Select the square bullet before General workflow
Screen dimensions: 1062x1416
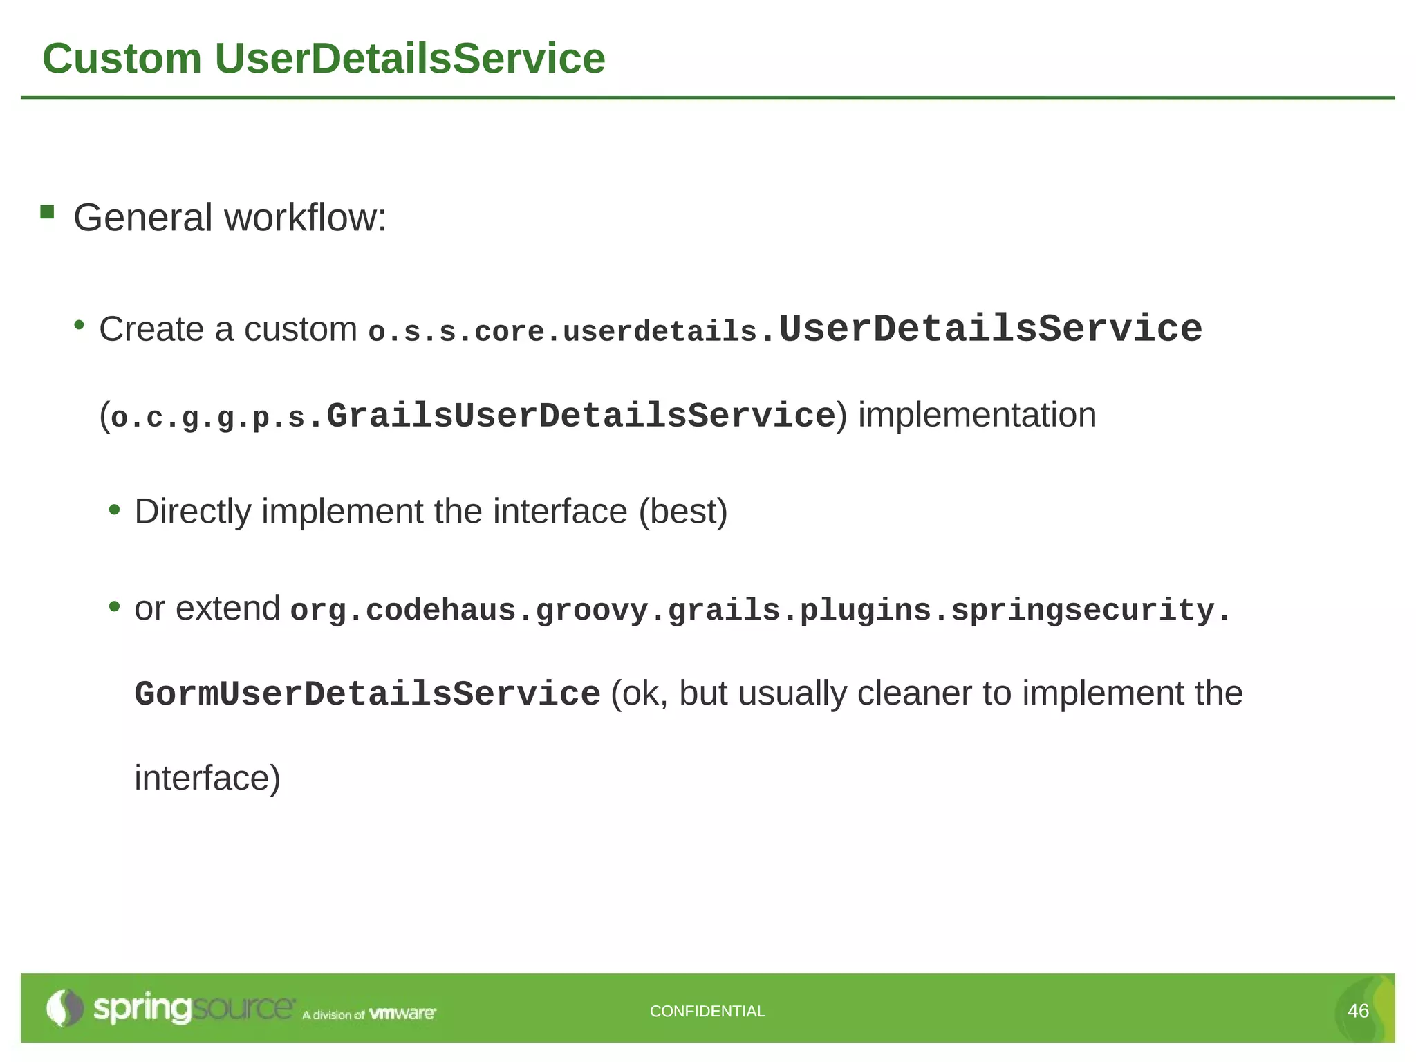tap(47, 212)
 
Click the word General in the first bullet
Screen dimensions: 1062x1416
tap(142, 218)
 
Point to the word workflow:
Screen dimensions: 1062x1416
tap(306, 218)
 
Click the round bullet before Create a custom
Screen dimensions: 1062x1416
tap(80, 325)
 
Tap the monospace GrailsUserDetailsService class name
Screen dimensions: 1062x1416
tap(581, 416)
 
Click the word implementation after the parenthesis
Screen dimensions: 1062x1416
tap(977, 416)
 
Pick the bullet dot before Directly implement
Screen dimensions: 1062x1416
tap(115, 510)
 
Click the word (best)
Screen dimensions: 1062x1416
tap(682, 512)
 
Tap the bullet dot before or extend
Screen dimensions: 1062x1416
tap(115, 607)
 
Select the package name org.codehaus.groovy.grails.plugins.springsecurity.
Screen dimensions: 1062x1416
tap(760, 611)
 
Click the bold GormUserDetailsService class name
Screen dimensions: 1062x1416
tap(367, 694)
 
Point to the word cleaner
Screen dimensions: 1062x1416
tap(920, 693)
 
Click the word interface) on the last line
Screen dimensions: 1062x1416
tap(207, 778)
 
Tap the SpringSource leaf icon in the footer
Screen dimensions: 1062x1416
tap(64, 1008)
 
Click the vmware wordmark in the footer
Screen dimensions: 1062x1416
tap(402, 1014)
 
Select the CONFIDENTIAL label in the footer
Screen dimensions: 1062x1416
tap(707, 1011)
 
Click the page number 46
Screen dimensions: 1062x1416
tap(1358, 1011)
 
